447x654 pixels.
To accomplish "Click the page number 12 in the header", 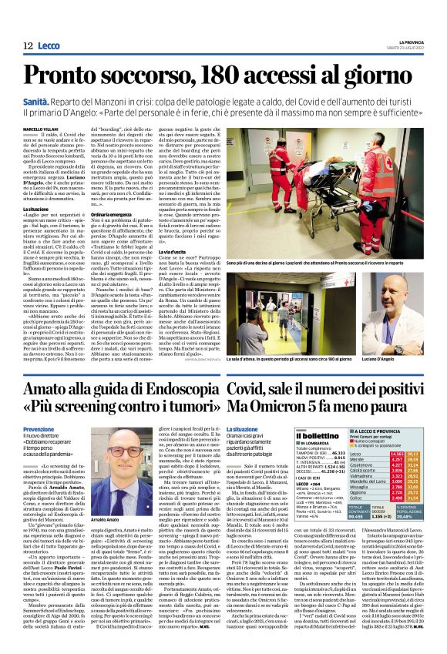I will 27,46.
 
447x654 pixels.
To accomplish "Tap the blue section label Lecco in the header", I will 49,46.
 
